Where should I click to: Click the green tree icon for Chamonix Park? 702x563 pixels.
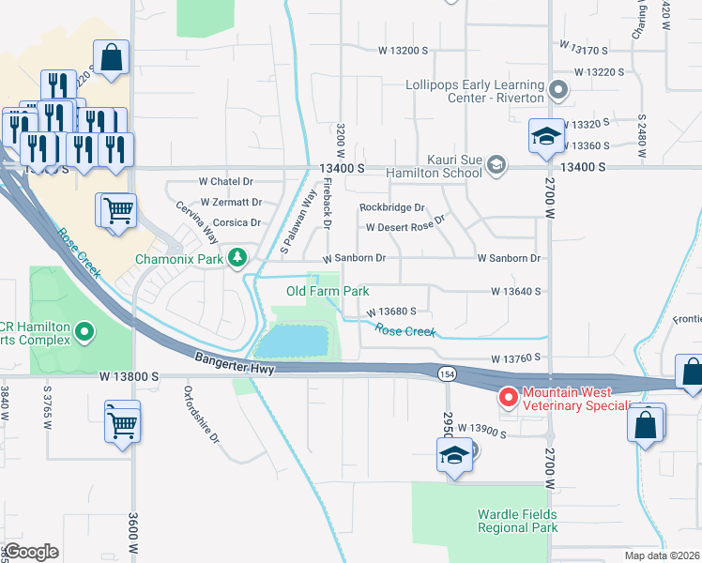click(238, 257)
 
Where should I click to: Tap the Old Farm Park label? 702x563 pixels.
click(328, 292)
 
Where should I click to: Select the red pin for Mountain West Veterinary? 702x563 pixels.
click(508, 398)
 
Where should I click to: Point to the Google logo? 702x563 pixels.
click(31, 552)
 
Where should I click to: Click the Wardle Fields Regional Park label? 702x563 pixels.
click(517, 521)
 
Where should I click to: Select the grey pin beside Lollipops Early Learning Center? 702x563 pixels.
click(558, 91)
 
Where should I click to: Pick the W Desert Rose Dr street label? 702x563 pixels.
click(404, 227)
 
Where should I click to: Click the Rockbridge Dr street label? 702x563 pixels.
click(392, 207)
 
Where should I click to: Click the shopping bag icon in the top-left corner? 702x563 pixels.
click(112, 58)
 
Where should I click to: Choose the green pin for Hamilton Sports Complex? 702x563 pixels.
click(84, 331)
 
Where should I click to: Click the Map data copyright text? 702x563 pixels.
click(662, 555)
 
